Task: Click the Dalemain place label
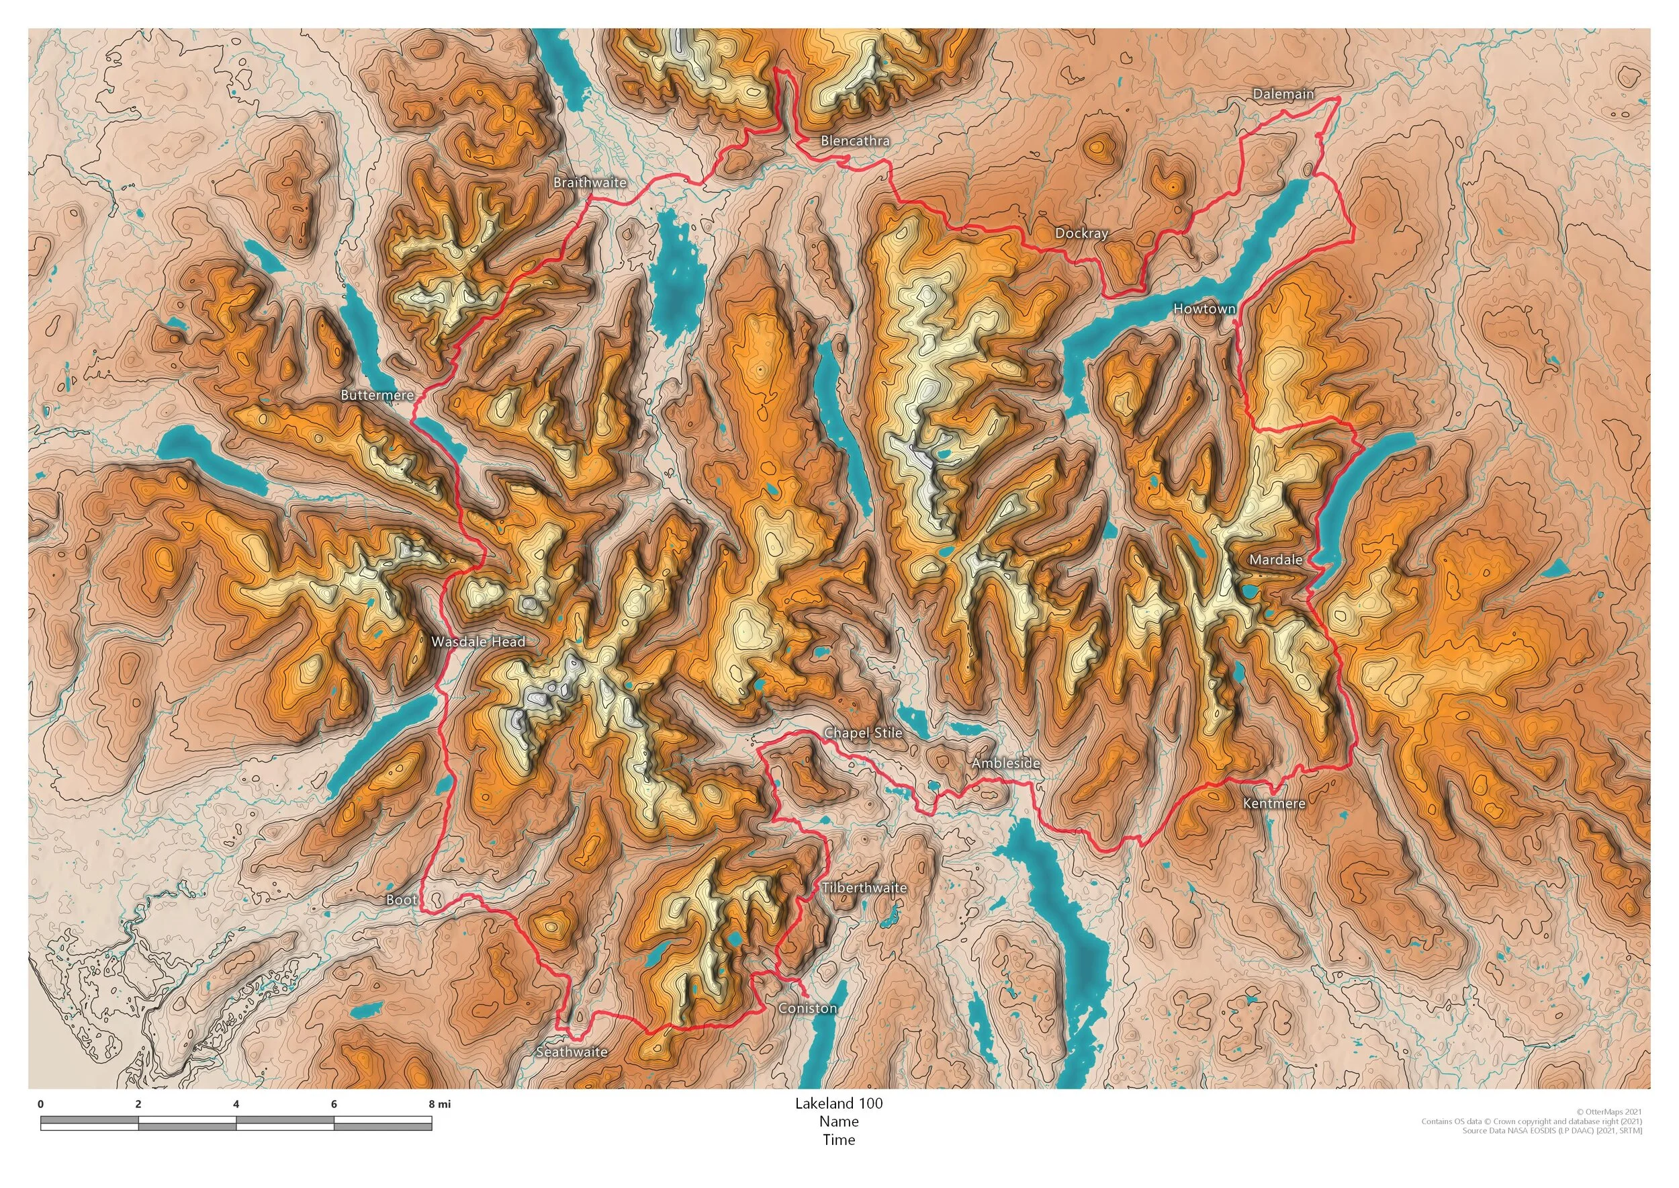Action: coord(1283,93)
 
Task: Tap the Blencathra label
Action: coord(854,140)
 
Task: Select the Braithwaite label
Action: coord(590,182)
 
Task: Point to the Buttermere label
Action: coord(377,395)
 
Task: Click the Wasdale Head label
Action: coord(478,642)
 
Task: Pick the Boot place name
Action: coord(401,900)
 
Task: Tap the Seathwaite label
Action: coord(571,1052)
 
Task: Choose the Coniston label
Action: coord(807,1008)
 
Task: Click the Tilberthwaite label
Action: coord(864,888)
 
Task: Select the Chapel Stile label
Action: coord(862,732)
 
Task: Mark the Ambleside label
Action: coord(1005,763)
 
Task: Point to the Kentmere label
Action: coord(1274,803)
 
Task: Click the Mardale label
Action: coord(1275,560)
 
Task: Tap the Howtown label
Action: coord(1204,308)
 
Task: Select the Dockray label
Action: coord(1081,233)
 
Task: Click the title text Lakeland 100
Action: coord(839,1103)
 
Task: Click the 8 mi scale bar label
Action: coord(439,1105)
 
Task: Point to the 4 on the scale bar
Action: coord(236,1105)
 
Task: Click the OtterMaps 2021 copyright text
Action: coord(1608,1113)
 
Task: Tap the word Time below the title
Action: coord(839,1140)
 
